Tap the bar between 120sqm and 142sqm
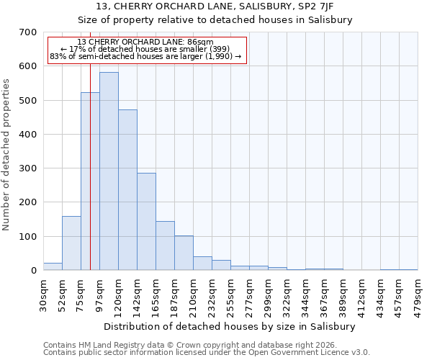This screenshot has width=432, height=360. click(127, 190)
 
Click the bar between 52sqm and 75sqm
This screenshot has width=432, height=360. click(71, 243)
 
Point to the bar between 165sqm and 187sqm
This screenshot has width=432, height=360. click(165, 246)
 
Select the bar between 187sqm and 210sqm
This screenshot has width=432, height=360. click(184, 253)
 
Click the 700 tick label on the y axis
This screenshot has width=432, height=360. click(28, 32)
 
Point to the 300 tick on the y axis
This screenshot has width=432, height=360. click(28, 168)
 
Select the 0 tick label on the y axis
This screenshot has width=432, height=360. click(33, 271)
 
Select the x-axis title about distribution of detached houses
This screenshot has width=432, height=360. click(230, 326)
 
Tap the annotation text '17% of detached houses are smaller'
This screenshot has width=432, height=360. click(146, 50)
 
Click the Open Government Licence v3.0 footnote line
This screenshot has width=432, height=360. click(206, 353)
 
